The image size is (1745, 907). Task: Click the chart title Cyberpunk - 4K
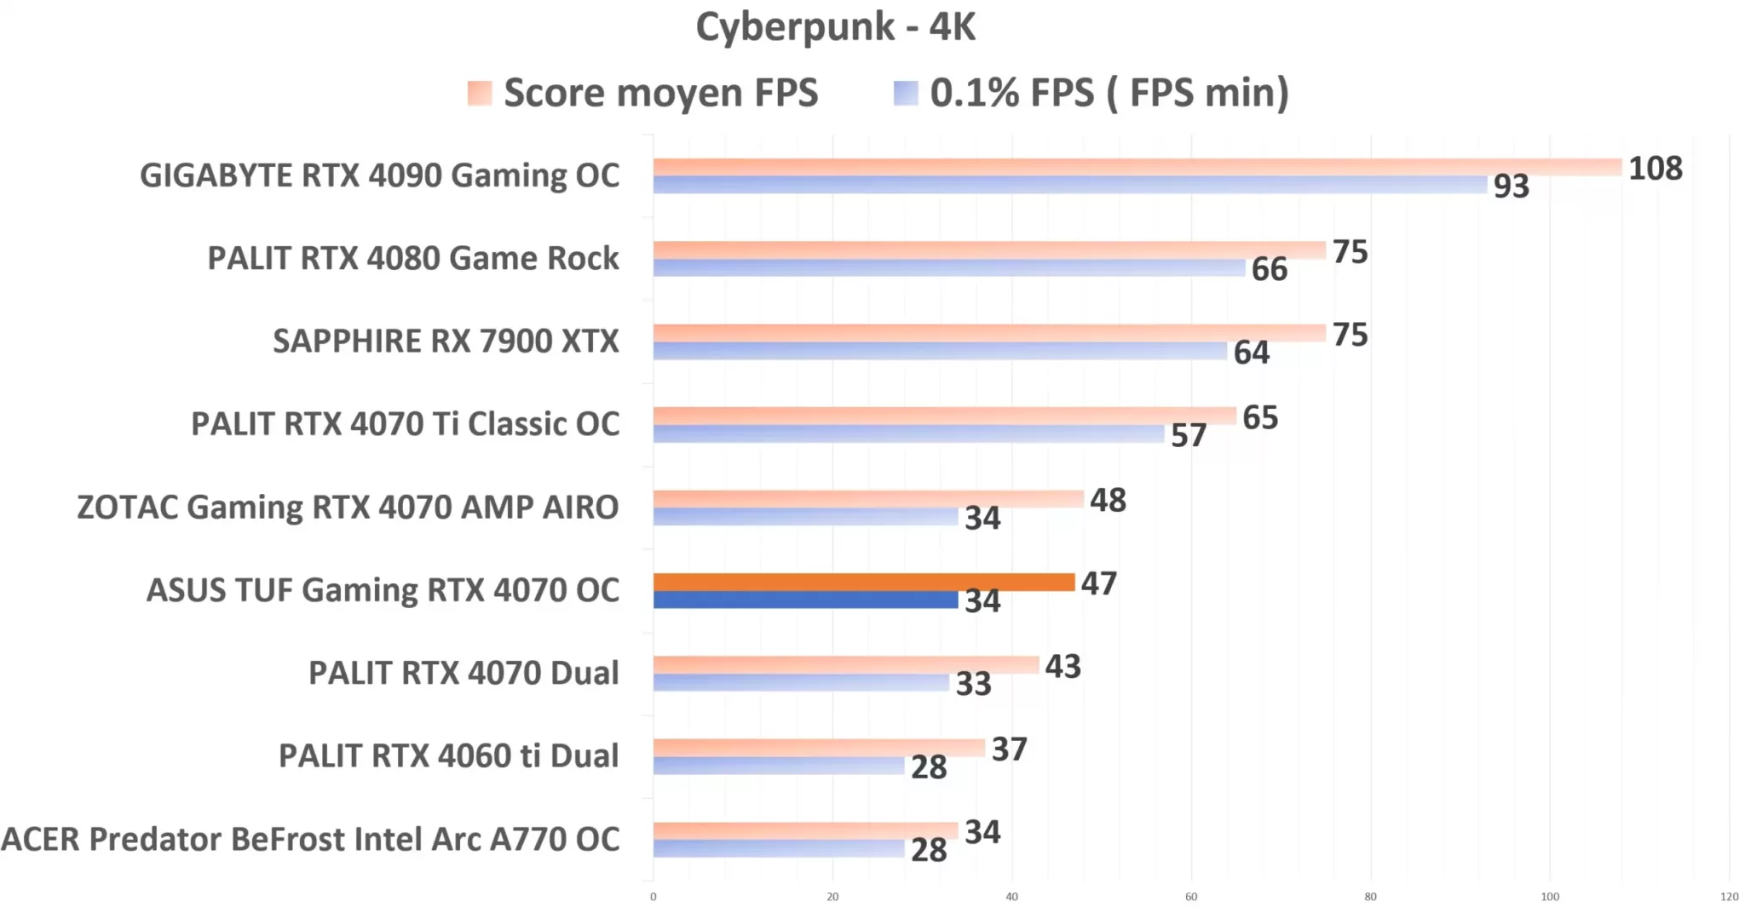[835, 27]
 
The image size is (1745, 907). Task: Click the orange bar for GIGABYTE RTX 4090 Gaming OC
[1137, 167]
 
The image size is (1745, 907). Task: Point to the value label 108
[1655, 169]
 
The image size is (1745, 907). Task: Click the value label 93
[1511, 187]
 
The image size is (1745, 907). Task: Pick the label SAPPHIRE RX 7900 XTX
[446, 342]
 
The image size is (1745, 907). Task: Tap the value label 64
[1251, 353]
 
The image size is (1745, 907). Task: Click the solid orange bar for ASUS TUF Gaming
[863, 582]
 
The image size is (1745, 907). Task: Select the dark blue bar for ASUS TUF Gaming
[805, 600]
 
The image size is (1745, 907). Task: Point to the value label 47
[1098, 583]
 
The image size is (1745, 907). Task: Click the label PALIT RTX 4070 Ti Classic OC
[405, 424]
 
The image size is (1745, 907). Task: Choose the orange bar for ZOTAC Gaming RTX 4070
[867, 499]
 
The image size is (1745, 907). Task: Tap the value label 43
[1063, 666]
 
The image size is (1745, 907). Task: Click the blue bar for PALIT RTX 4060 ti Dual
[778, 766]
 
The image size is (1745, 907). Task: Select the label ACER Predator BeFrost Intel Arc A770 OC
[310, 840]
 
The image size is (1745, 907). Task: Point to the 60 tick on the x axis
[1191, 897]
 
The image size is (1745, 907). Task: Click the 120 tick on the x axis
[1729, 897]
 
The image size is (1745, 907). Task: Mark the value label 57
[1188, 436]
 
